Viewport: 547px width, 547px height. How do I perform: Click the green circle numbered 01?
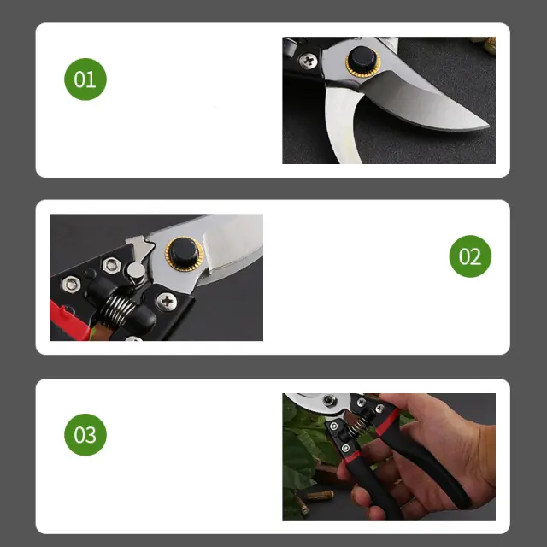coord(85,79)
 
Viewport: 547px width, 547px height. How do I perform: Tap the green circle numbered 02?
coord(470,256)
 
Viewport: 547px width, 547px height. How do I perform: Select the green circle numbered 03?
coord(85,435)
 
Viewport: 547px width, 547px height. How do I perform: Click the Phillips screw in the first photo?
coord(309,61)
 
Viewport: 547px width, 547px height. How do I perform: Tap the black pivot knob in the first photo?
coord(362,59)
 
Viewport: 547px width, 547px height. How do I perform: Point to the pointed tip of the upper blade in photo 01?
coord(489,126)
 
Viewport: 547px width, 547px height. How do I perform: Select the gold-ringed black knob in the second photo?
coord(184,254)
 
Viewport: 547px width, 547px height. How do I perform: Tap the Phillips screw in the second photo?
coord(167,302)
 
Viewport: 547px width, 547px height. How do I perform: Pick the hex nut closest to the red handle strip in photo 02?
coord(71,285)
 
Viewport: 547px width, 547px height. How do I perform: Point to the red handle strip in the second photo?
coord(69,321)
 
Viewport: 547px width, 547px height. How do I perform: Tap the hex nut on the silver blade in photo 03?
coord(328,400)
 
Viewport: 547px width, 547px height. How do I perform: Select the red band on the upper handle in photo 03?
coord(388,422)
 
